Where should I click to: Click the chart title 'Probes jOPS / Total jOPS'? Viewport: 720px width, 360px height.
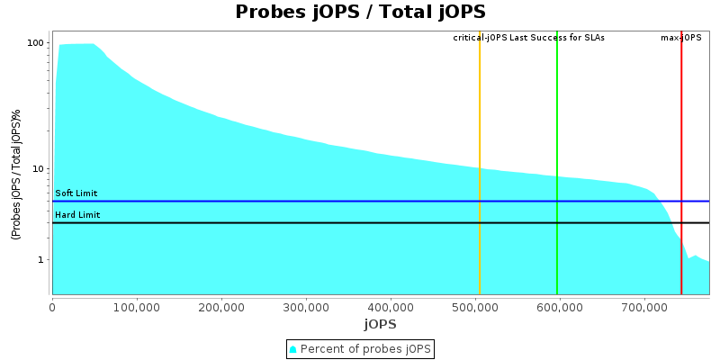pyautogui.click(x=360, y=13)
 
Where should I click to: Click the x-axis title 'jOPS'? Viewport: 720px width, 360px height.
pyautogui.click(x=380, y=324)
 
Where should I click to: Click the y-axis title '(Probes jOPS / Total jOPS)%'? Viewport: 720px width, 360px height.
pyautogui.click(x=16, y=175)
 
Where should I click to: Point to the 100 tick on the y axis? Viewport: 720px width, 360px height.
pyautogui.click(x=36, y=43)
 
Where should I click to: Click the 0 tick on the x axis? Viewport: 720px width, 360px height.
pyautogui.click(x=52, y=307)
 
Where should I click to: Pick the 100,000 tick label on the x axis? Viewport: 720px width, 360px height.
pyautogui.click(x=137, y=307)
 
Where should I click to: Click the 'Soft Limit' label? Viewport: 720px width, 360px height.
pyautogui.click(x=76, y=193)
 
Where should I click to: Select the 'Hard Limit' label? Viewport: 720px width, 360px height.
pyautogui.click(x=77, y=215)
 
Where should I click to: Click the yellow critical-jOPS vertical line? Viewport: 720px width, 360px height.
pyautogui.click(x=480, y=162)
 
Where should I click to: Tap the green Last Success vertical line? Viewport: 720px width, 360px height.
pyautogui.click(x=557, y=162)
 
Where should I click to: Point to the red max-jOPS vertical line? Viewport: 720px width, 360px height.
pyautogui.click(x=681, y=162)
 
